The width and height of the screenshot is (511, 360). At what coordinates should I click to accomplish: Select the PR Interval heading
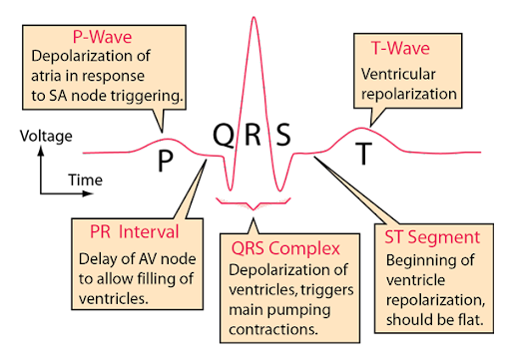click(128, 232)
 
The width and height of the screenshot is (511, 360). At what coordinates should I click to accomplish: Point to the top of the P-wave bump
click(168, 139)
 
